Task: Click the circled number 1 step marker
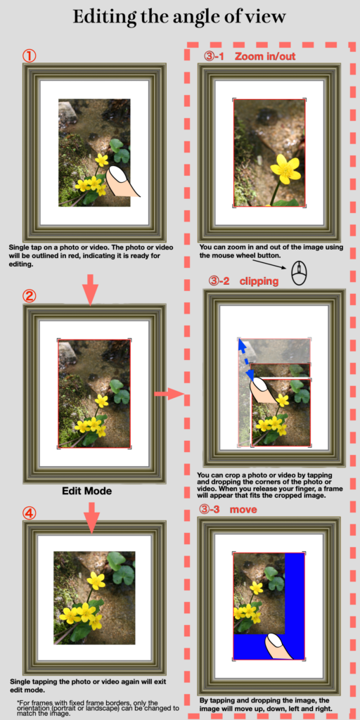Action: click(x=30, y=56)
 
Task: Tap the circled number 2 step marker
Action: click(x=30, y=296)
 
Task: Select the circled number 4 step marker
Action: click(x=30, y=513)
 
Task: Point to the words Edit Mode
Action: click(x=86, y=491)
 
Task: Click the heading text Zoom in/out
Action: click(x=265, y=56)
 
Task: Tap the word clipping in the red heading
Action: click(x=259, y=281)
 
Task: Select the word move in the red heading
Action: click(x=243, y=509)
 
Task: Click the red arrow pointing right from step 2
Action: click(x=169, y=394)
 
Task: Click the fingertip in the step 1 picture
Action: click(x=123, y=181)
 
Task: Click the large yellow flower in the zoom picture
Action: click(x=285, y=168)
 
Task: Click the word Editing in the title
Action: click(x=104, y=18)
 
